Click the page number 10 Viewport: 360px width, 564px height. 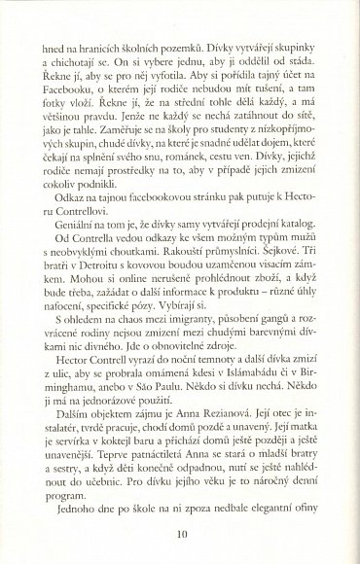click(182, 531)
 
